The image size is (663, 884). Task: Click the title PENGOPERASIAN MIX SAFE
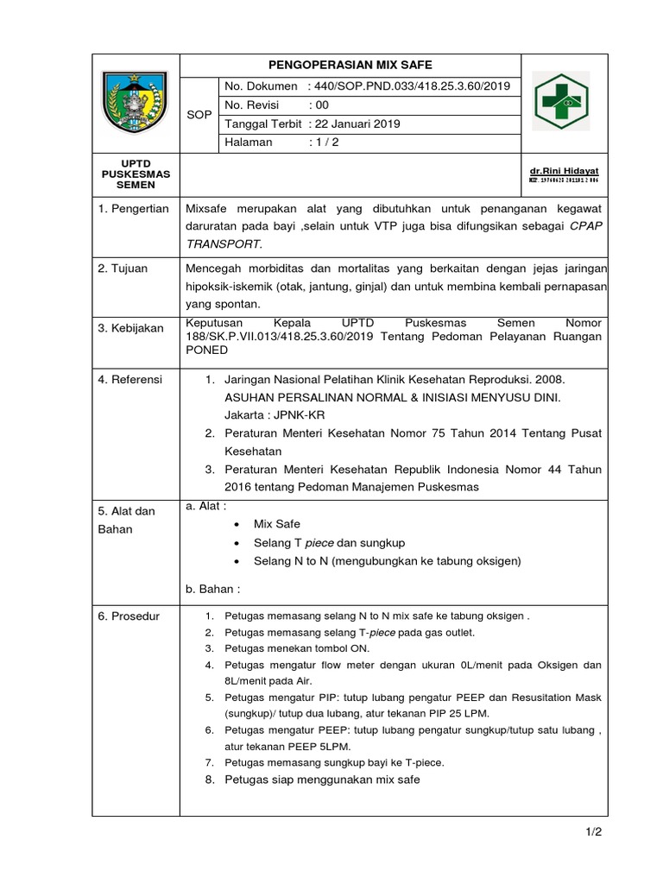pyautogui.click(x=350, y=65)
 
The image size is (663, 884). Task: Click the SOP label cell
pyautogui.click(x=199, y=114)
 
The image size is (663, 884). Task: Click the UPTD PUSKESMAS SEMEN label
pyautogui.click(x=136, y=174)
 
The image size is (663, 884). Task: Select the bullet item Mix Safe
pyautogui.click(x=276, y=524)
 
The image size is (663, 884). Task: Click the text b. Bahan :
pyautogui.click(x=212, y=589)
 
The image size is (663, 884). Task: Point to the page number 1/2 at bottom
pyautogui.click(x=591, y=832)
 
